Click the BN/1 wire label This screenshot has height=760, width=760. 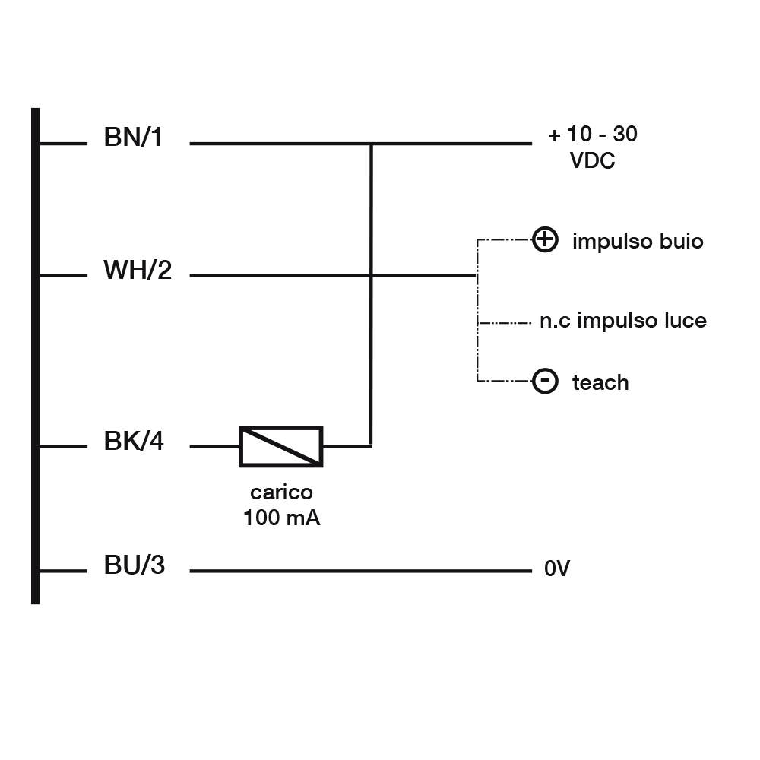(x=133, y=138)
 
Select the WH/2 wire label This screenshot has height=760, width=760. (x=138, y=270)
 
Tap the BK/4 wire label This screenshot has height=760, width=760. (x=134, y=442)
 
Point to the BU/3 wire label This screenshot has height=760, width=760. (x=134, y=565)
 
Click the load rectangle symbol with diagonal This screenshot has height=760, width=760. (x=281, y=446)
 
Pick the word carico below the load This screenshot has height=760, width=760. (x=281, y=492)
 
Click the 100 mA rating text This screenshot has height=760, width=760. (x=281, y=518)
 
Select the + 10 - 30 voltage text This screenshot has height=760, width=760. (x=593, y=135)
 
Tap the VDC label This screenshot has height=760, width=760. (x=592, y=161)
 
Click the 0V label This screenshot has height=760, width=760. (x=556, y=569)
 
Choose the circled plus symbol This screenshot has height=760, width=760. (x=545, y=240)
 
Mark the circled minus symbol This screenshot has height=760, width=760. (x=545, y=381)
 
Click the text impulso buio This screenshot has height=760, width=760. (x=638, y=242)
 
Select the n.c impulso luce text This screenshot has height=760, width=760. (x=622, y=321)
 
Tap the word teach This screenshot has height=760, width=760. (x=600, y=382)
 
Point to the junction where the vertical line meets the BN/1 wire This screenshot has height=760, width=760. (x=371, y=143)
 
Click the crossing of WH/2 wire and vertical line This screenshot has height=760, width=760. (x=371, y=275)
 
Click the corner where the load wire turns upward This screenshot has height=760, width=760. (x=371, y=446)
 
